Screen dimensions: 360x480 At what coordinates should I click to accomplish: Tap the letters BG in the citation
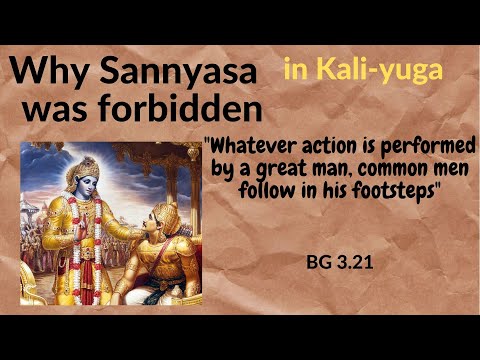[319, 267]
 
